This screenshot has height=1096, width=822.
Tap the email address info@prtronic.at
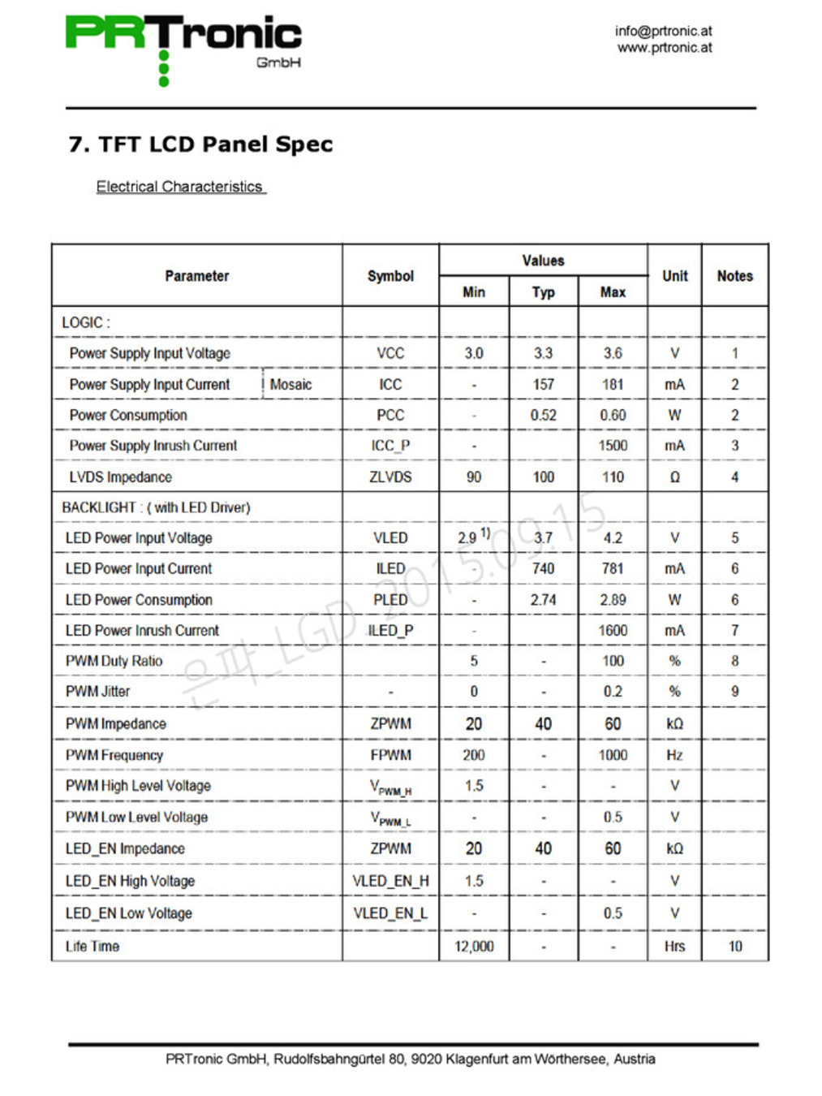[x=663, y=31]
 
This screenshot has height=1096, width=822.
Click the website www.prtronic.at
[x=665, y=48]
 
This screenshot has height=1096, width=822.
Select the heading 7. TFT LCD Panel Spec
[x=200, y=145]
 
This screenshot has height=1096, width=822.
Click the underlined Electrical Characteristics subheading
[x=179, y=187]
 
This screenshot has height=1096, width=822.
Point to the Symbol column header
[x=390, y=276]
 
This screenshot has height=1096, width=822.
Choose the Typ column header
[x=543, y=292]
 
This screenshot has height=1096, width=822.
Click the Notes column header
[x=734, y=276]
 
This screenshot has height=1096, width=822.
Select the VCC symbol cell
[x=390, y=353]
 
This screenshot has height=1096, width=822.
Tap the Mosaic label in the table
[x=290, y=384]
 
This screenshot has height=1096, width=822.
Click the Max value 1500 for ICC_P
[x=613, y=446]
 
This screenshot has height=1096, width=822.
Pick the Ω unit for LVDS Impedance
[x=674, y=477]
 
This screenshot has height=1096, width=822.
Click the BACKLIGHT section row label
[x=156, y=507]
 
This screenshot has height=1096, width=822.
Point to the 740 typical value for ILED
[x=543, y=569]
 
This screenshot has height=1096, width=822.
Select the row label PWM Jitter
[x=97, y=692]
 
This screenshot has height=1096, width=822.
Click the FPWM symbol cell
[x=390, y=755]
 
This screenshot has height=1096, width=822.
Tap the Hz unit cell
[x=674, y=755]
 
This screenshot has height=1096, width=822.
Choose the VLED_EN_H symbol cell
[x=390, y=881]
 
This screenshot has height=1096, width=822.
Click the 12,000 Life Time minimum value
[x=474, y=947]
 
